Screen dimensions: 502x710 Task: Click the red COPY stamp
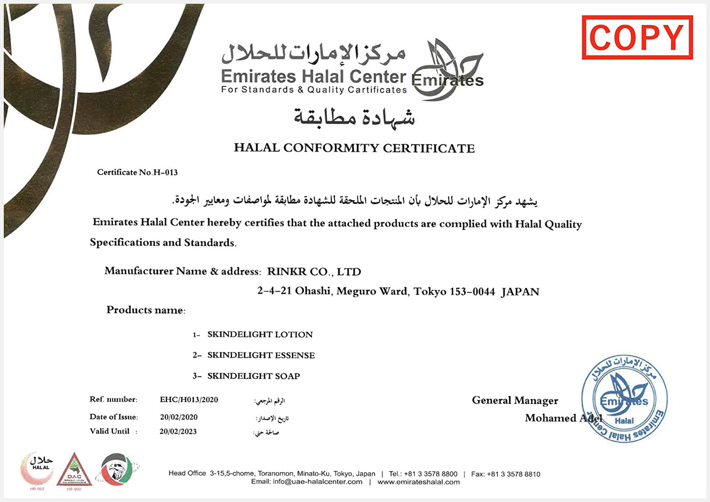637,37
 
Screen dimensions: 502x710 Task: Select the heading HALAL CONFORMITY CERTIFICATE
354,148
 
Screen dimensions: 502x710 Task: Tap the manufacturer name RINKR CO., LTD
314,272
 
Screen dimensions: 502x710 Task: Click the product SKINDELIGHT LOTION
260,335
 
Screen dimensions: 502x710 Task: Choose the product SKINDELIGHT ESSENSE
261,355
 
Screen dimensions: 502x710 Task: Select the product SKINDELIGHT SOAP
253,376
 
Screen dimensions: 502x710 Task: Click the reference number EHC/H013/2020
189,400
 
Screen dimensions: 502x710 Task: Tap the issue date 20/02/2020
178,417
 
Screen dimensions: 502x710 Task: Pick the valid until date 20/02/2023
178,432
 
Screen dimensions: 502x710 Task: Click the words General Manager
515,400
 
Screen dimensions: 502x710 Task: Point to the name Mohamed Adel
563,418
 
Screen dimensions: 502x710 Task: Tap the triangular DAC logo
74,470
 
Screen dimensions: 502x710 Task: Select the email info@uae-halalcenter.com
317,482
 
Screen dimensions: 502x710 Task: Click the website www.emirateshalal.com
418,482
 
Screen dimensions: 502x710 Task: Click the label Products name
146,310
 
